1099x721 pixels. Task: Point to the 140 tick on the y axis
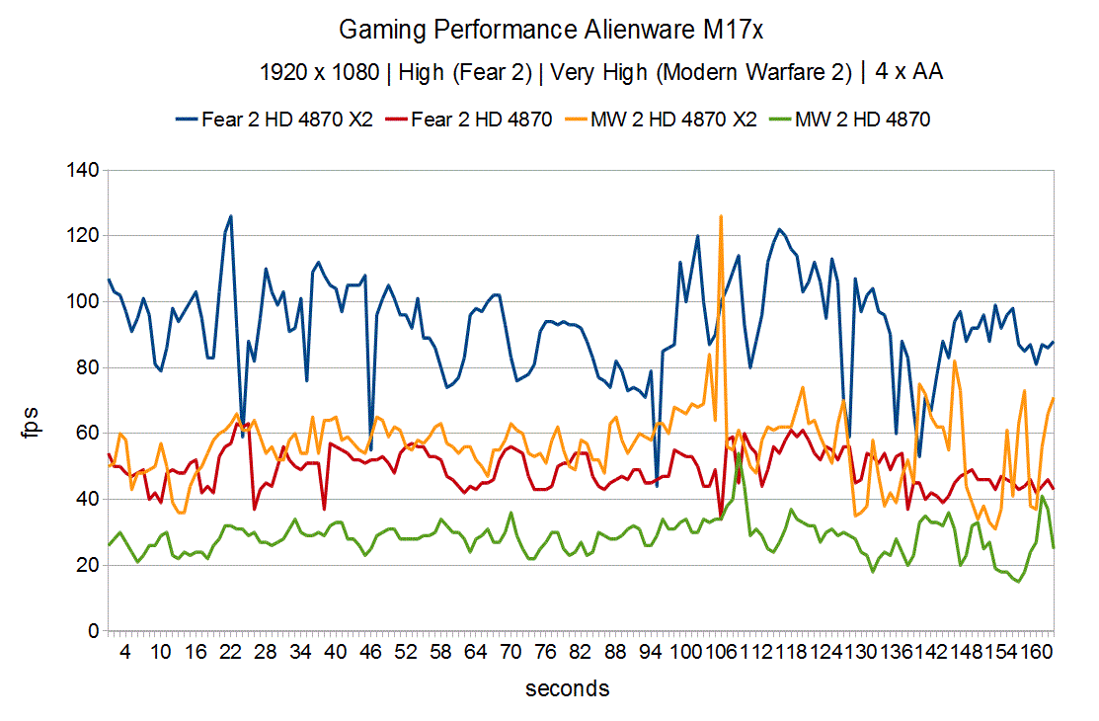pos(84,171)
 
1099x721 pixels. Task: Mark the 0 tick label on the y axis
pos(93,631)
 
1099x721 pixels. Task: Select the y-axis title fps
pos(36,401)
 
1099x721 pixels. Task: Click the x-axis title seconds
pos(567,688)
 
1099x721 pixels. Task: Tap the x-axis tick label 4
pos(125,654)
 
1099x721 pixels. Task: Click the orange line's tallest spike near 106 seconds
pos(721,215)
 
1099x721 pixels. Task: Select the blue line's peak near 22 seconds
pos(230,215)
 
